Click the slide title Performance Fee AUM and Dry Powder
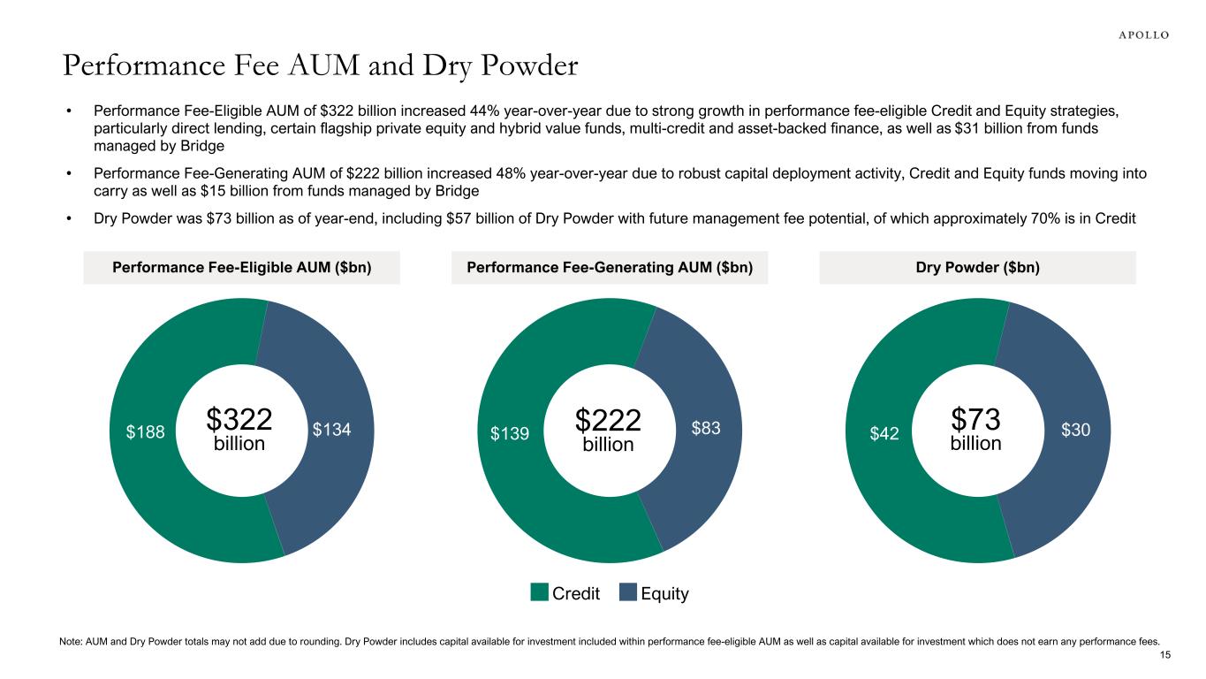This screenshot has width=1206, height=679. [x=319, y=65]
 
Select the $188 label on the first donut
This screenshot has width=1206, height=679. [x=144, y=431]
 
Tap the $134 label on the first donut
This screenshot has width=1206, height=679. [x=332, y=430]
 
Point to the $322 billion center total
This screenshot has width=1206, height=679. [x=239, y=429]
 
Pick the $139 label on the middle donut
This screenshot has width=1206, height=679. [x=510, y=432]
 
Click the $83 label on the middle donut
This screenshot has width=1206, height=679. [x=706, y=429]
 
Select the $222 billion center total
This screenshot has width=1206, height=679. [x=608, y=429]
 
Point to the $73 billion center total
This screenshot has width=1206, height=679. [x=975, y=429]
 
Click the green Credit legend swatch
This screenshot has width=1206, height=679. [x=540, y=593]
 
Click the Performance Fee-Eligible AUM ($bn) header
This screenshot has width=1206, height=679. [x=242, y=268]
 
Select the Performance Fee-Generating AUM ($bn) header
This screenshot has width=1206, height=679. [x=610, y=268]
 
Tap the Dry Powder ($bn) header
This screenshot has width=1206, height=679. [x=977, y=268]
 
